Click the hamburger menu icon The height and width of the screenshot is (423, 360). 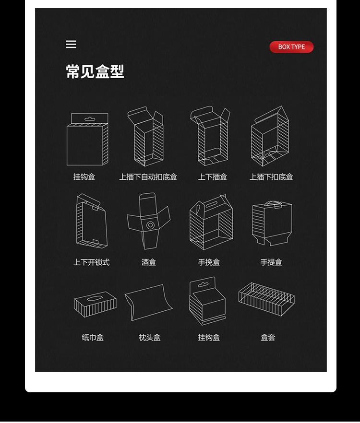tap(71, 45)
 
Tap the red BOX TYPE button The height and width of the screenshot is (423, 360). tap(291, 47)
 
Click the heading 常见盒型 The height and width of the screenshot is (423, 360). tap(95, 72)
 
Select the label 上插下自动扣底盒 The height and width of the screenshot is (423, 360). tap(148, 177)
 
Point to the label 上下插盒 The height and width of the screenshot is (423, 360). tap(212, 177)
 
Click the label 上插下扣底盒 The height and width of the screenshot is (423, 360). tap(271, 177)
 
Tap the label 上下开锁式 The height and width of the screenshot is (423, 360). tap(91, 262)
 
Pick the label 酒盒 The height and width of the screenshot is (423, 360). tap(149, 262)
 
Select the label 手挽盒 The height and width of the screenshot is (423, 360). tap(209, 262)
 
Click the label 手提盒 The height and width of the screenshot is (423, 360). tap(271, 262)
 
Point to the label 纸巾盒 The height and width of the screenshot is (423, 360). tap(93, 338)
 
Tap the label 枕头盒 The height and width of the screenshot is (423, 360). tap(149, 338)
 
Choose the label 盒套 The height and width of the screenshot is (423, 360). tap(268, 338)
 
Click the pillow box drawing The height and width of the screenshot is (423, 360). tap(148, 303)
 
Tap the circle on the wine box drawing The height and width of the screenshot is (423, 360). tap(151, 225)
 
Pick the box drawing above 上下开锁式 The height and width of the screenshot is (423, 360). tap(91, 221)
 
